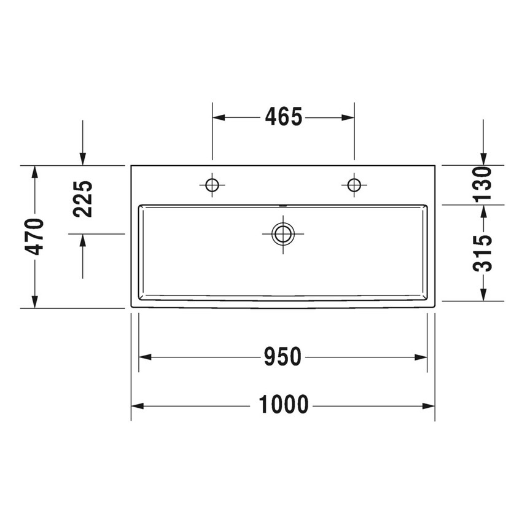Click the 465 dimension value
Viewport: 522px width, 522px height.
[284, 117]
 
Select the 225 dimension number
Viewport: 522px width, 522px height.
[83, 199]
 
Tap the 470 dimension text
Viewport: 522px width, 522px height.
[36, 236]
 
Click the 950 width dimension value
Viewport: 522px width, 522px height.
[282, 357]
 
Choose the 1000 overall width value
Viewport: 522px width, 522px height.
[283, 405]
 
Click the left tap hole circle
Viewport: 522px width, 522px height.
[212, 184]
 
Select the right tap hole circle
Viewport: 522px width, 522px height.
[354, 184]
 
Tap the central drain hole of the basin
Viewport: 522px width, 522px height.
[282, 233]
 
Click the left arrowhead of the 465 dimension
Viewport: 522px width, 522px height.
[217, 117]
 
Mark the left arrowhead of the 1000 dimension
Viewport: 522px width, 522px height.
[136, 406]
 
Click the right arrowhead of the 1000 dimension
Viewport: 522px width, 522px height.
[430, 406]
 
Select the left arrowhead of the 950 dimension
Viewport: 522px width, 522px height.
[144, 357]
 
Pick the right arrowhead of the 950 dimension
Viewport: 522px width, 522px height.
[422, 357]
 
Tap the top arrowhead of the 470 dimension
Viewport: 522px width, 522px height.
[36, 171]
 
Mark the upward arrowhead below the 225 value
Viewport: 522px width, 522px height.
[83, 240]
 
